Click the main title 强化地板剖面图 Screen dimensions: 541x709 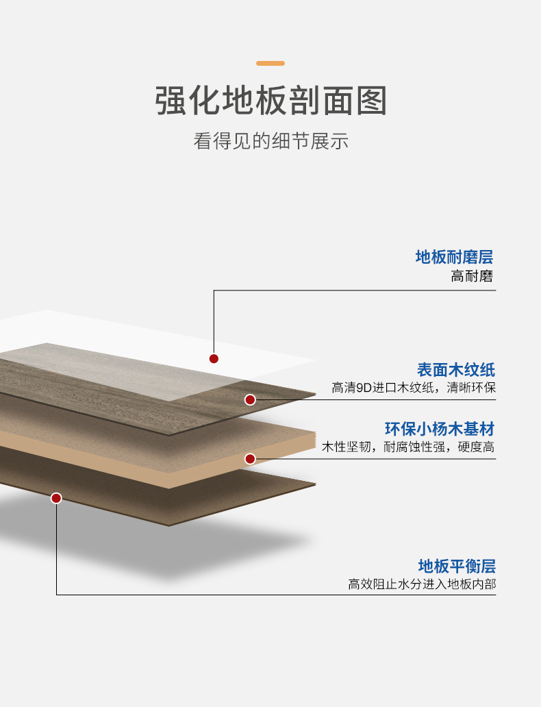(x=270, y=101)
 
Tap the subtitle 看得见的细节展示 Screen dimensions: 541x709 (x=270, y=141)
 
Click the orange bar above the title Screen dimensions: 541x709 (x=270, y=63)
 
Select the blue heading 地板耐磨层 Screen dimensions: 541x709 (x=454, y=257)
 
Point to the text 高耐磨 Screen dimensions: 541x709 (x=472, y=276)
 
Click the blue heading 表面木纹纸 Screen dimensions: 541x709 (x=455, y=370)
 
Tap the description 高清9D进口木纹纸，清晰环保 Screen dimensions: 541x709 (x=414, y=388)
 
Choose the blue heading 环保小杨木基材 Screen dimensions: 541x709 (x=440, y=429)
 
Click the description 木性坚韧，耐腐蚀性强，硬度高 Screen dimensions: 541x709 (x=408, y=447)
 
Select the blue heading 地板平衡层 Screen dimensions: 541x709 (x=457, y=566)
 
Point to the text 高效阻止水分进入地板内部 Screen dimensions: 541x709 (x=422, y=584)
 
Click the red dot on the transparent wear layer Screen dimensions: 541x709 (x=214, y=358)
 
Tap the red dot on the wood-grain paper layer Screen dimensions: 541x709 (x=250, y=400)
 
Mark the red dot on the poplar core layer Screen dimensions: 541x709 (x=250, y=459)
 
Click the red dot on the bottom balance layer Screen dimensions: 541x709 (x=56, y=498)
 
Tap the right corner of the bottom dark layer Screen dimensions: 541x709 (x=316, y=484)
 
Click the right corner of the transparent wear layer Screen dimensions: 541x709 (x=315, y=360)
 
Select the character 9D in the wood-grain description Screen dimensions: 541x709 (x=364, y=388)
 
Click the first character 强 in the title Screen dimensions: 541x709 (x=171, y=101)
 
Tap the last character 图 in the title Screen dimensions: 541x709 (x=372, y=101)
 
